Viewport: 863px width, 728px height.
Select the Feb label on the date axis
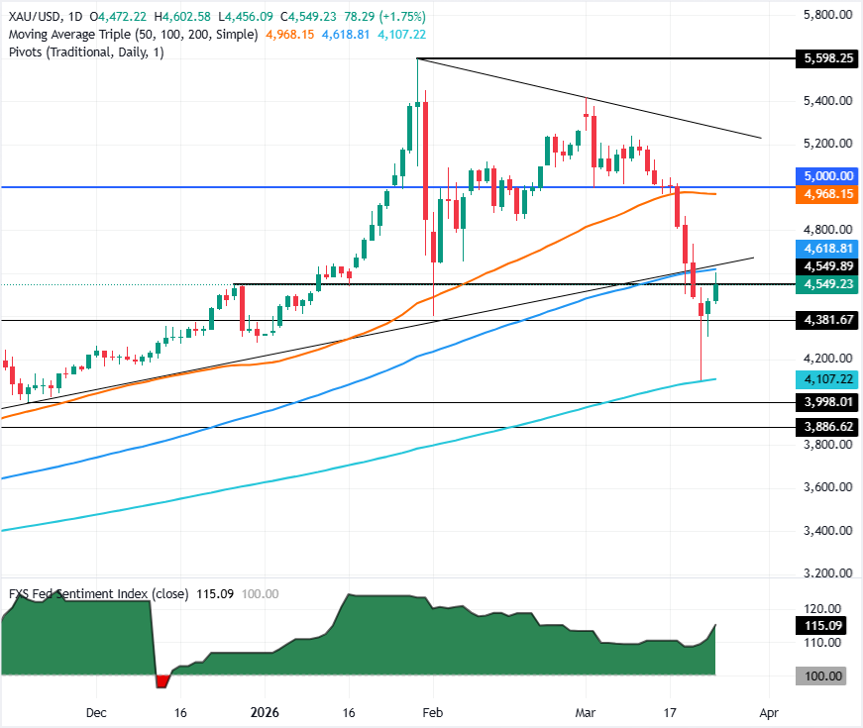coord(429,712)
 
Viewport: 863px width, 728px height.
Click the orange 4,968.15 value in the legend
coord(291,34)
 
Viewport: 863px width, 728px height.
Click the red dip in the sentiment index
coord(162,680)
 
